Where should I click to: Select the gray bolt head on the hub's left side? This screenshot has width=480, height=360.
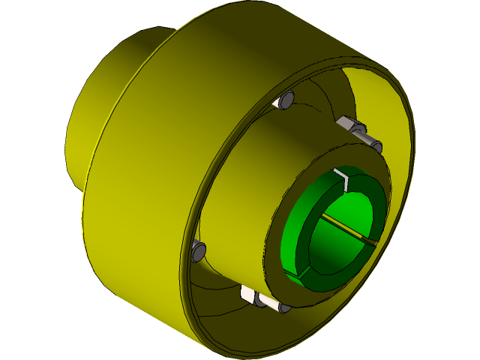point(199,250)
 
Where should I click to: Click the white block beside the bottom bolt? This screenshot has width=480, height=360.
point(248,294)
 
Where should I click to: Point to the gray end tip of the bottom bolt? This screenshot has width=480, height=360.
point(285,307)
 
